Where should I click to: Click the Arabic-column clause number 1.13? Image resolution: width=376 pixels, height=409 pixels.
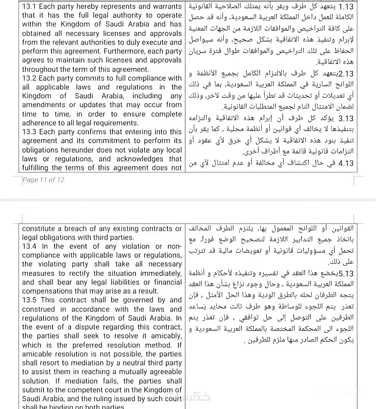tap(346, 7)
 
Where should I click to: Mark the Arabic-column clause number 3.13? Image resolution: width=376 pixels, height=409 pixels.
tap(346, 119)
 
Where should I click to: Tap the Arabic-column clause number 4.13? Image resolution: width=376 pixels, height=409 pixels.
tap(346, 163)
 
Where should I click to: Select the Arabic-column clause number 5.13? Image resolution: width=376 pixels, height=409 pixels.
tap(346, 273)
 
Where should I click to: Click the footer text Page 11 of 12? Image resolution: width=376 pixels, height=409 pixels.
tap(43, 180)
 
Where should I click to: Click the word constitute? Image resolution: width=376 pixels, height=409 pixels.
tap(38, 229)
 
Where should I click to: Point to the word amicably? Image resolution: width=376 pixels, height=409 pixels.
tap(166, 336)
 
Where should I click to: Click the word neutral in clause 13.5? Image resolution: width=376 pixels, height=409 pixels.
tap(123, 363)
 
